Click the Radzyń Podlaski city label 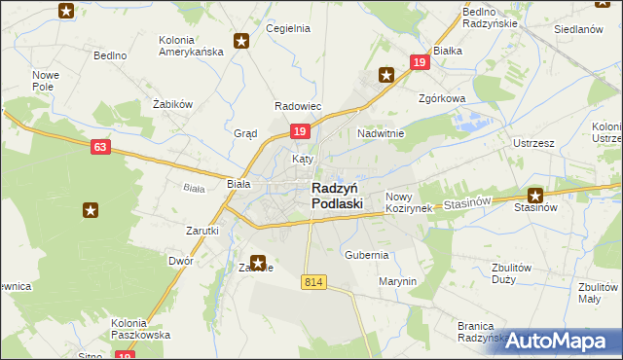click(x=337, y=196)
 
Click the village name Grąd click(x=244, y=133)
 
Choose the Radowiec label click(x=298, y=106)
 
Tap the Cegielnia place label click(x=287, y=28)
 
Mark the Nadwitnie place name click(x=380, y=132)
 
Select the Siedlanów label click(x=578, y=30)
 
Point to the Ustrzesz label click(x=532, y=143)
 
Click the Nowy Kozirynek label click(x=408, y=202)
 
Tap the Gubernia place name click(x=366, y=255)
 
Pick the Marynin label click(x=397, y=281)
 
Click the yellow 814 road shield click(x=312, y=282)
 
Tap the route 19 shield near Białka click(x=419, y=62)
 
